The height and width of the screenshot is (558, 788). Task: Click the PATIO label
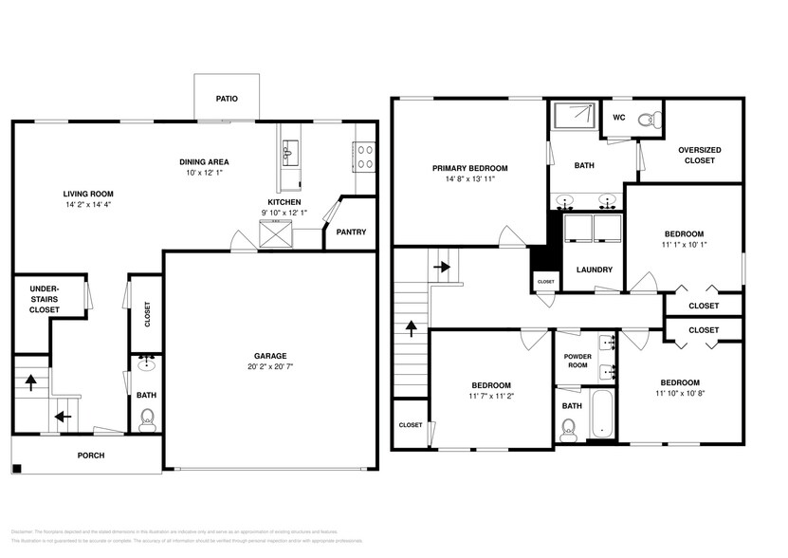pyautogui.click(x=226, y=98)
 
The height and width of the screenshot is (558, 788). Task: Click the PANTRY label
pyautogui.click(x=350, y=232)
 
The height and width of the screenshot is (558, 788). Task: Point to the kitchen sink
pyautogui.click(x=288, y=152)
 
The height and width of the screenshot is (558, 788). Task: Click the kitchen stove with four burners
pyautogui.click(x=364, y=156)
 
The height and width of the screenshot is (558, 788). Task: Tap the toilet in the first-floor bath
pyautogui.click(x=146, y=419)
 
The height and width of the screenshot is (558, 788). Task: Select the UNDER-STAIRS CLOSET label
pyautogui.click(x=45, y=298)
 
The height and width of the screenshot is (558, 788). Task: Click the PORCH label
pyautogui.click(x=91, y=456)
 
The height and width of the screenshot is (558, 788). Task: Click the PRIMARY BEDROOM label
pyautogui.click(x=470, y=167)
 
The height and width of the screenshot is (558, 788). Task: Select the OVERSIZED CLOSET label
pyautogui.click(x=699, y=155)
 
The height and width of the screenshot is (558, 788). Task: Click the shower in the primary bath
pyautogui.click(x=573, y=118)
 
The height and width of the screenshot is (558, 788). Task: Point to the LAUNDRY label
pyautogui.click(x=594, y=270)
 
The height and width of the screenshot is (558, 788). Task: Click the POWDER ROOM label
pyautogui.click(x=577, y=361)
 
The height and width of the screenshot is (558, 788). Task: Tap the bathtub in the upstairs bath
pyautogui.click(x=603, y=414)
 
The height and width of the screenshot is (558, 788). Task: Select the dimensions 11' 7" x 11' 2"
pyautogui.click(x=491, y=396)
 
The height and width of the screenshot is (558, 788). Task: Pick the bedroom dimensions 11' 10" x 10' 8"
pyautogui.click(x=680, y=393)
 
